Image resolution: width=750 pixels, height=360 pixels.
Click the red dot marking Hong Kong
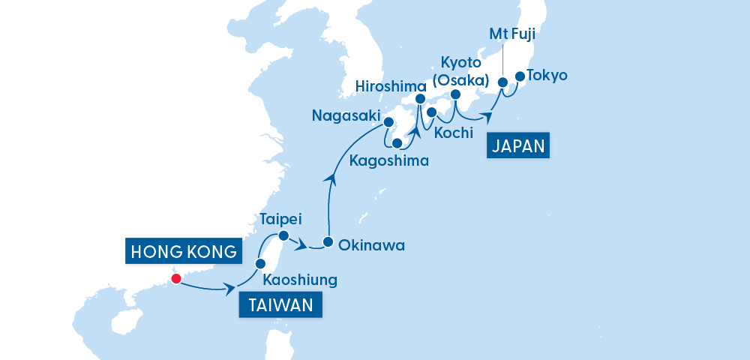[x=175, y=279]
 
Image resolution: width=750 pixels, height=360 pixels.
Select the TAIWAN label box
[x=280, y=305]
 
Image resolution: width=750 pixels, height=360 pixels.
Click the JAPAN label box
[x=518, y=145]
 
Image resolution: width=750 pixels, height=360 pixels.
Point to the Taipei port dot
[x=283, y=236]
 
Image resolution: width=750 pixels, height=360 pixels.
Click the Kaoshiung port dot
[x=261, y=264]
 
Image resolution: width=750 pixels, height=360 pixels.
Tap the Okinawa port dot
[x=328, y=242]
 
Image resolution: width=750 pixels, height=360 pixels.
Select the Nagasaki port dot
[x=388, y=121]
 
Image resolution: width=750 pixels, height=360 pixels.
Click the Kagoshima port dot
[x=397, y=144]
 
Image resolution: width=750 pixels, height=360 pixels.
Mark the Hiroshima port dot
[x=420, y=99]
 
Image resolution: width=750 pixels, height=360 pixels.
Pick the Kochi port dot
[x=432, y=112]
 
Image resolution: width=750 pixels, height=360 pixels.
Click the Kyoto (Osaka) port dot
[x=455, y=94]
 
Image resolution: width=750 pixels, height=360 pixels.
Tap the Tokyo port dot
[x=518, y=76]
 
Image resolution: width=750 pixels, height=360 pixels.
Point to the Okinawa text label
[x=372, y=244]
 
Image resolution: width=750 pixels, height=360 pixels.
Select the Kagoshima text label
[x=389, y=160]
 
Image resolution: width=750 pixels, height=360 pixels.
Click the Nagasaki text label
[x=345, y=115]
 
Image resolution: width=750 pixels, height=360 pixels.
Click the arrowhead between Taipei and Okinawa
[x=301, y=245]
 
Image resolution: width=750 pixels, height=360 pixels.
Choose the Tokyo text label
[x=547, y=75]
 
